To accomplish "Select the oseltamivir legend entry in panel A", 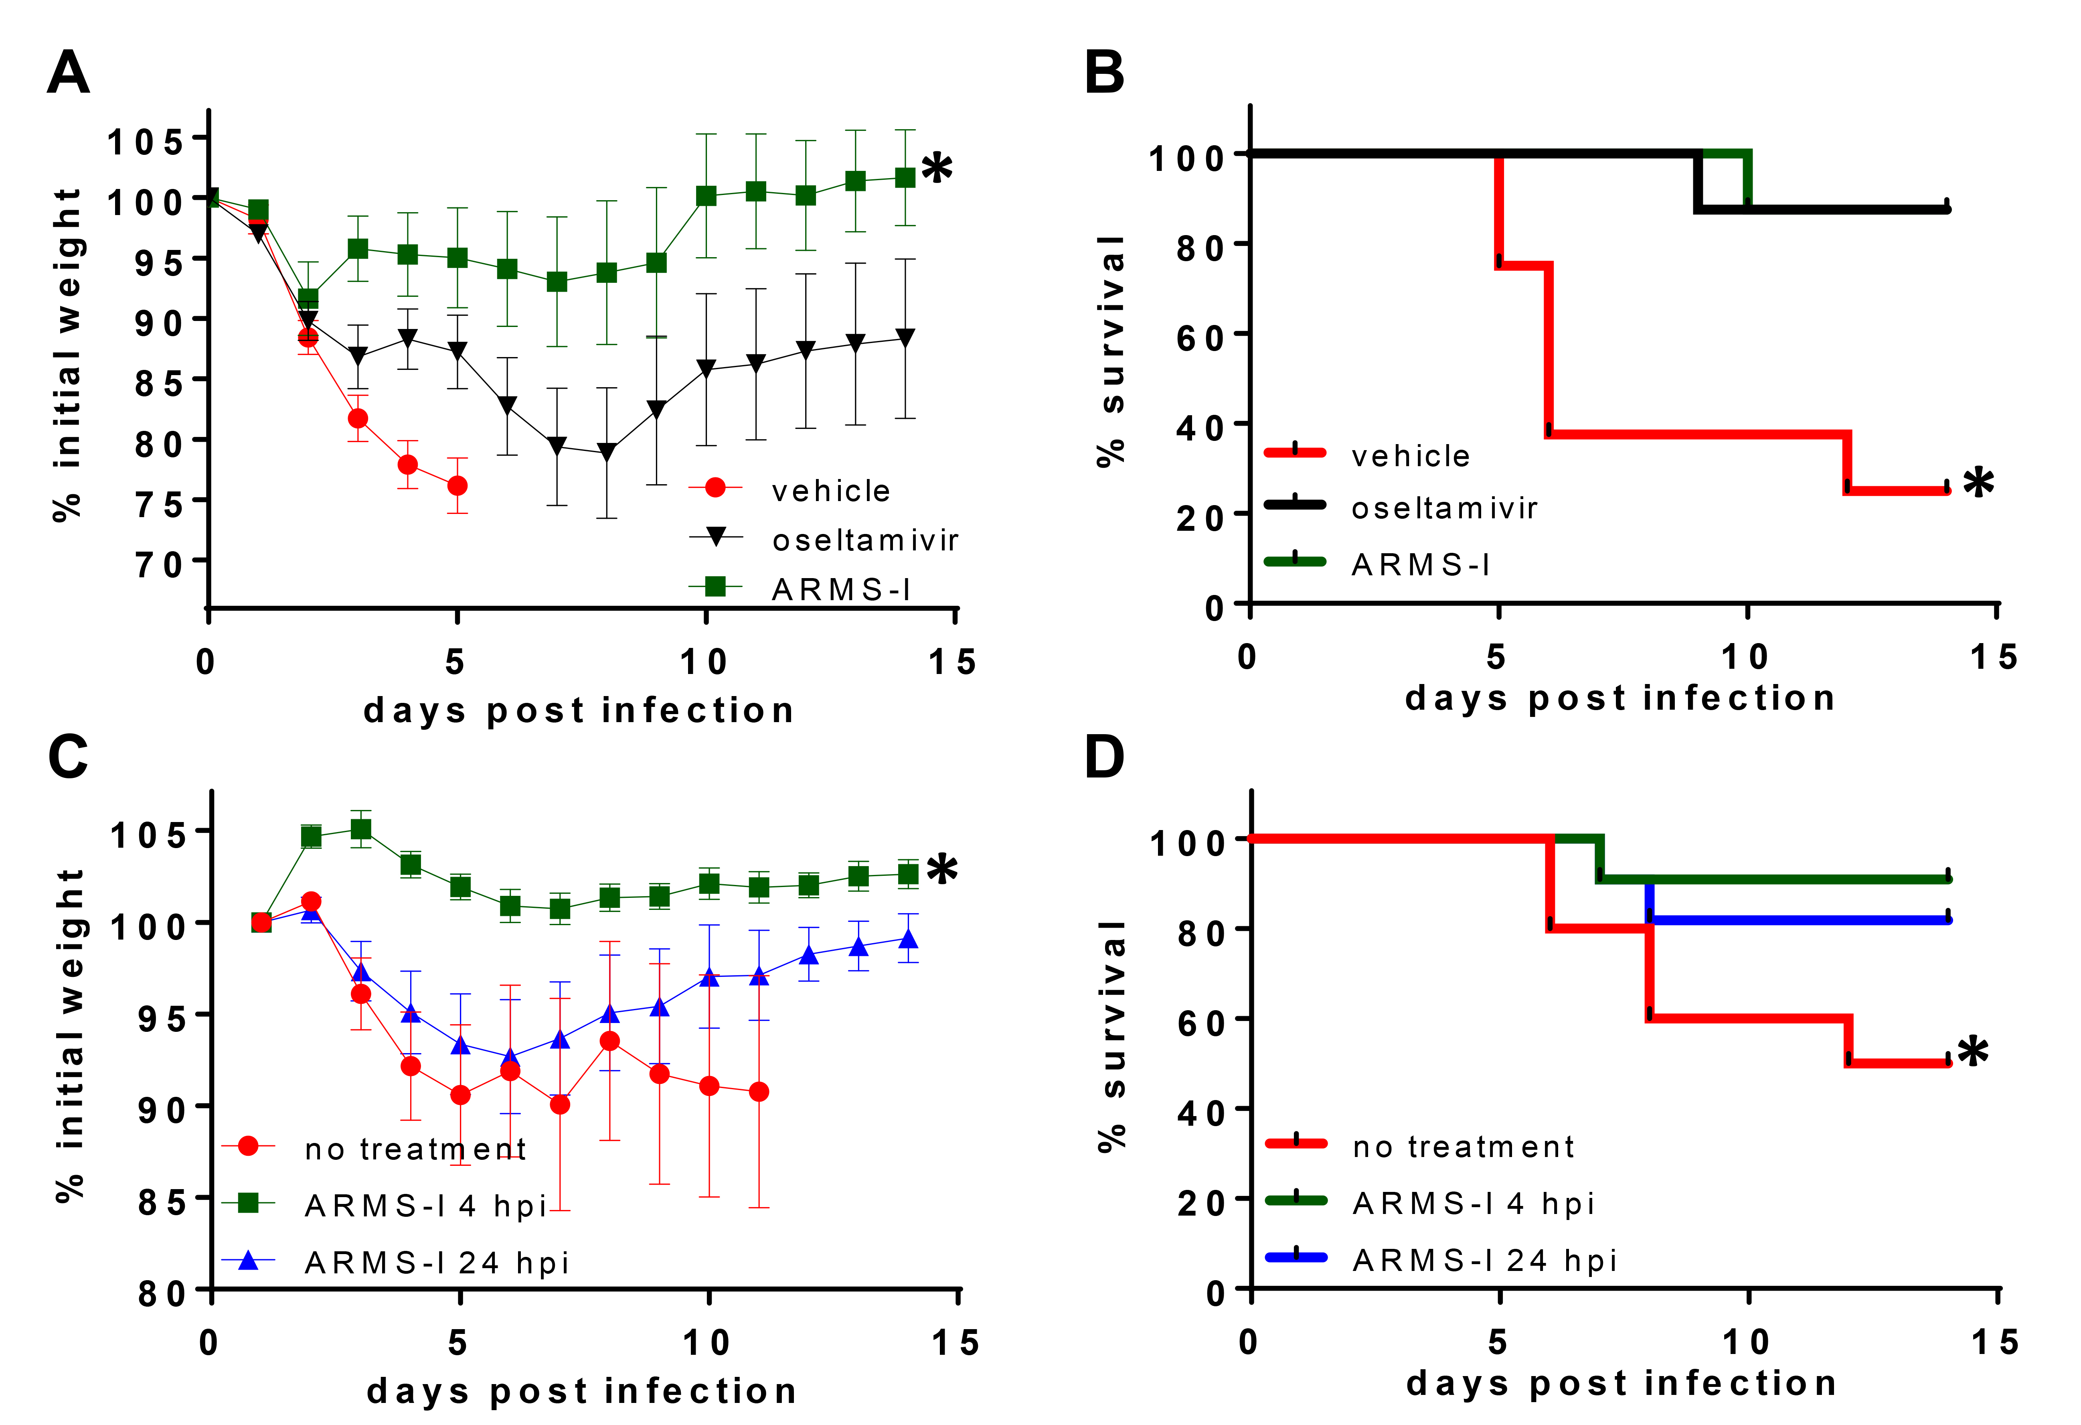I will point(865,540).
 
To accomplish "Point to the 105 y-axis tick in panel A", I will point(145,141).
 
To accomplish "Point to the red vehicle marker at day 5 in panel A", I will point(457,485).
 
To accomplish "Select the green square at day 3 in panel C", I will point(361,829).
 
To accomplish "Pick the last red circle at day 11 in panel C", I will point(759,1092).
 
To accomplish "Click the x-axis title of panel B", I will point(1620,698).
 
